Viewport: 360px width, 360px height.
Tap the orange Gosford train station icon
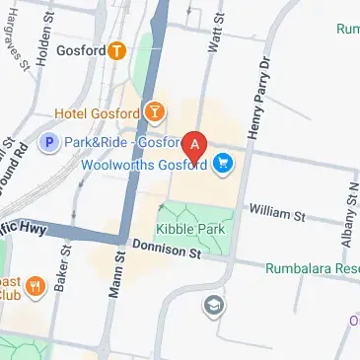[x=117, y=49]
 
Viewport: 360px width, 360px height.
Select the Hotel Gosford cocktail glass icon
[x=155, y=112]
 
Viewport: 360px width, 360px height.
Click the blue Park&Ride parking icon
[x=47, y=143]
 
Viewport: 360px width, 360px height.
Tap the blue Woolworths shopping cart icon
[x=223, y=164]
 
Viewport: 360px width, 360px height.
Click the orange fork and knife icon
[x=36, y=288]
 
